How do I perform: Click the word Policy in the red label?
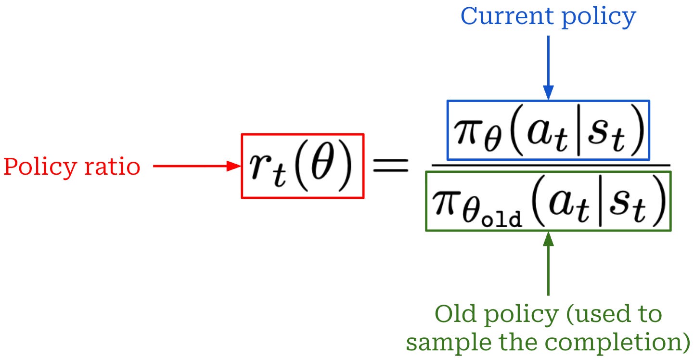click(35, 167)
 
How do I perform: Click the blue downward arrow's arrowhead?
click(548, 92)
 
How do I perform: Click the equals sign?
click(391, 167)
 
